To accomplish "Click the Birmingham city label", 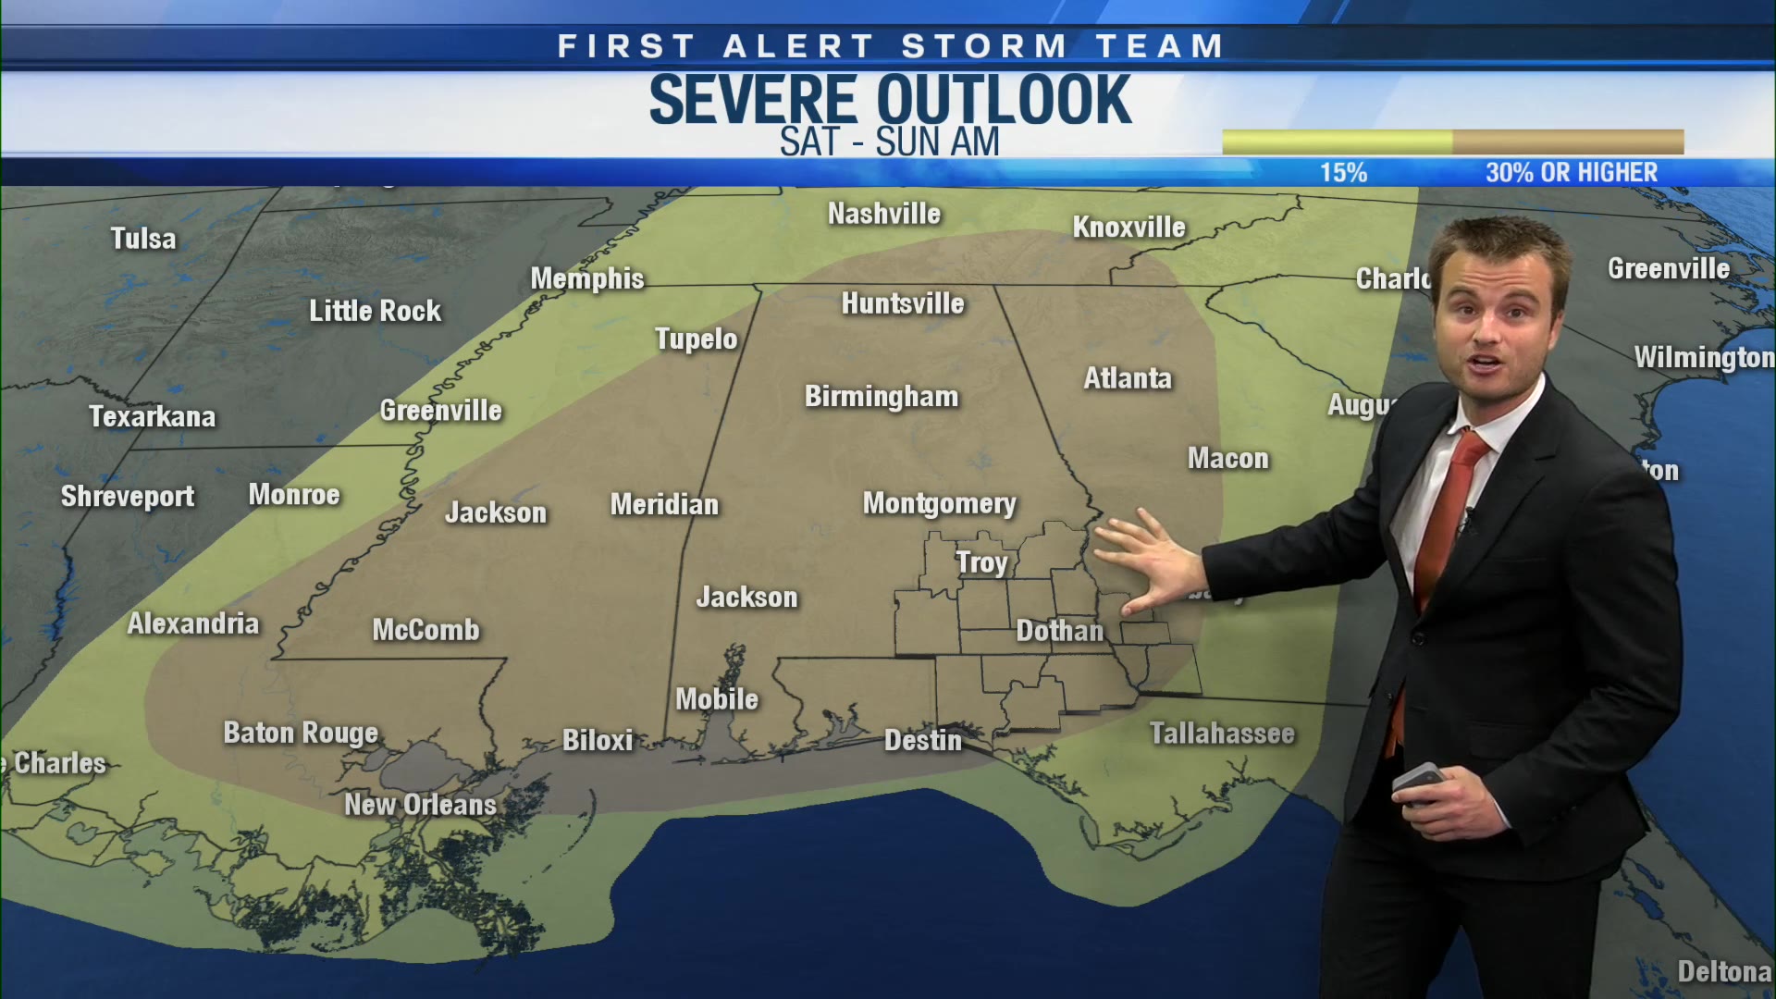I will click(x=882, y=397).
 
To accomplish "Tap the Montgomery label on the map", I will click(x=939, y=504).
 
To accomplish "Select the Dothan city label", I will click(x=1059, y=631).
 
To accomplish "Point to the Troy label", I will click(x=981, y=562).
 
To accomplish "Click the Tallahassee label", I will click(x=1222, y=734).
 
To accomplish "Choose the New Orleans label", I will click(x=420, y=805).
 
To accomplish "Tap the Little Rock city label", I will click(x=375, y=311).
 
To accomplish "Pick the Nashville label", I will click(x=883, y=214).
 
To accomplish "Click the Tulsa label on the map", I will click(x=143, y=239).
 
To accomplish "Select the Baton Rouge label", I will click(x=301, y=733).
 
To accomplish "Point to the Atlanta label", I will click(x=1128, y=378).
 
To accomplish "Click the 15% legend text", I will click(x=1343, y=173).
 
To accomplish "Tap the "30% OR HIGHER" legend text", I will click(x=1572, y=173).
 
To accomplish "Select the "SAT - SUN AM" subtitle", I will click(x=889, y=142).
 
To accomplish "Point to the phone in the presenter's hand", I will click(x=1418, y=783).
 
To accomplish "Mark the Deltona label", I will click(x=1723, y=972).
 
